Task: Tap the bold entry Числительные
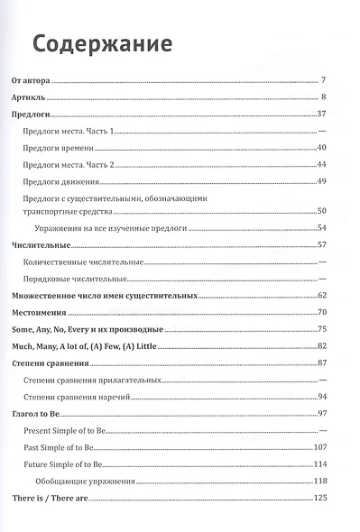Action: [x=42, y=245]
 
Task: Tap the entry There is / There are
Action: [x=55, y=499]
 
